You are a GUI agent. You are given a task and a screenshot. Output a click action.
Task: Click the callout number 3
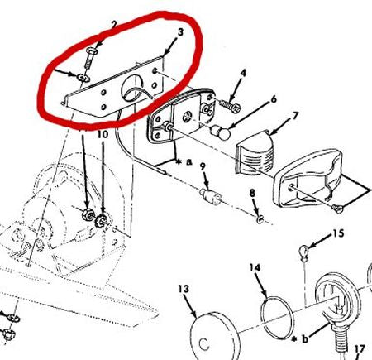[179, 33]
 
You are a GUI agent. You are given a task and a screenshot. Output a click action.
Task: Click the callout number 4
[243, 74]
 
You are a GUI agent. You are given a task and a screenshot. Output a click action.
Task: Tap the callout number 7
[296, 115]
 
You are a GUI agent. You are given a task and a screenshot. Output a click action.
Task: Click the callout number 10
[103, 134]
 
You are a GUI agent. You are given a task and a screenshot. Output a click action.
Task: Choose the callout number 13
[184, 288]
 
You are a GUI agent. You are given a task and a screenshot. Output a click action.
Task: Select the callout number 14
[255, 269]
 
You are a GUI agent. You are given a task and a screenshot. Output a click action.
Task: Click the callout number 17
[360, 348]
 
